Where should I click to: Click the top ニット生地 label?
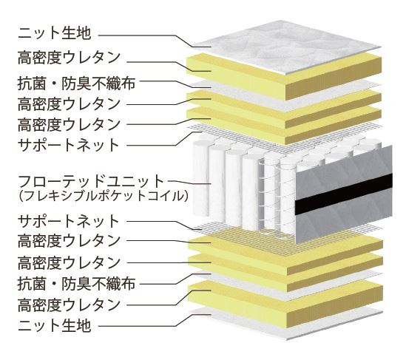pos(55,34)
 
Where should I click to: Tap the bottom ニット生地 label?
pos(55,326)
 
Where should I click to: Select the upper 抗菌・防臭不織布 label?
pos(76,84)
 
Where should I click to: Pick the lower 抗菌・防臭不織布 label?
pos(76,284)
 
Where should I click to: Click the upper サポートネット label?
pos(68,145)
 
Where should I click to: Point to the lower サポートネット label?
pos(68,221)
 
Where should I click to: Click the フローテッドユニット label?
pos(91,181)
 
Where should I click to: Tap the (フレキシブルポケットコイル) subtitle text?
pos(103,196)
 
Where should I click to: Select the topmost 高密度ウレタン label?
pos(69,58)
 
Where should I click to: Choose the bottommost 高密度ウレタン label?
pos(69,305)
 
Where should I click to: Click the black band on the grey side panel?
pos(344,194)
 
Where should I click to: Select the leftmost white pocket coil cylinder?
pos(200,179)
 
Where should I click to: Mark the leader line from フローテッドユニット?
pos(190,182)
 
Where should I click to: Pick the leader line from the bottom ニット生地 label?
pos(155,320)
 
